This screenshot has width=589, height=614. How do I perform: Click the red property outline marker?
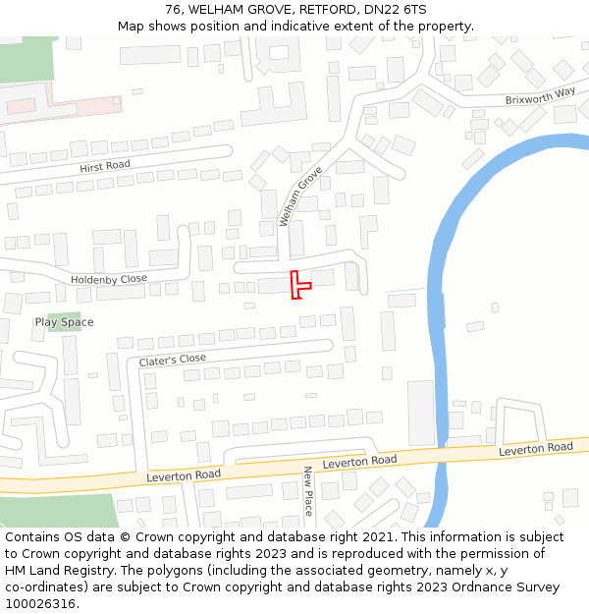[x=298, y=285]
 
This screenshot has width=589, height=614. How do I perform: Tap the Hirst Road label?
[x=105, y=166]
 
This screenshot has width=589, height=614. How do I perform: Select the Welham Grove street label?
[x=301, y=195]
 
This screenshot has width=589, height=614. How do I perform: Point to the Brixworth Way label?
[x=540, y=96]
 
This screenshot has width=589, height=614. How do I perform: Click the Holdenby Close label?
[x=108, y=280]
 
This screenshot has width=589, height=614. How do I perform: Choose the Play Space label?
[x=65, y=322]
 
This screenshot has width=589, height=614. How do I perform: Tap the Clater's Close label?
[x=173, y=360]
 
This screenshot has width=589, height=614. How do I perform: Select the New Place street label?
[x=307, y=491]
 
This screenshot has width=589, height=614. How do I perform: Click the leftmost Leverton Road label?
[x=184, y=475]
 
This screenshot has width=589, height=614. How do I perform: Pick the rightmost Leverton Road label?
[x=536, y=448]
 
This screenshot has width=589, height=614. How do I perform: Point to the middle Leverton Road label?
[x=359, y=461]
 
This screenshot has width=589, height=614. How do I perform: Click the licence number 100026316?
[x=40, y=604]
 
